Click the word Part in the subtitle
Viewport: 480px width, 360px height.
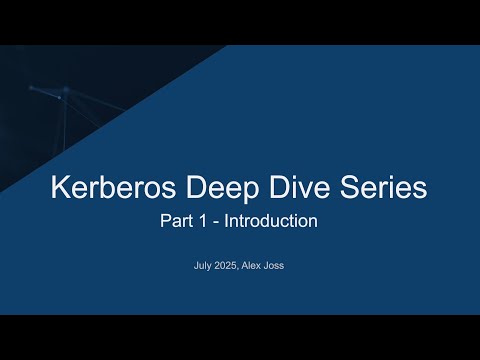177,221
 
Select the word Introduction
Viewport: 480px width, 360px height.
271,221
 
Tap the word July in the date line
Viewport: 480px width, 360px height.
203,267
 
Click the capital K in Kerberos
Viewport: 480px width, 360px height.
59,187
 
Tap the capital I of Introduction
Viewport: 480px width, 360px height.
226,221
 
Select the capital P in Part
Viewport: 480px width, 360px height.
166,221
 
